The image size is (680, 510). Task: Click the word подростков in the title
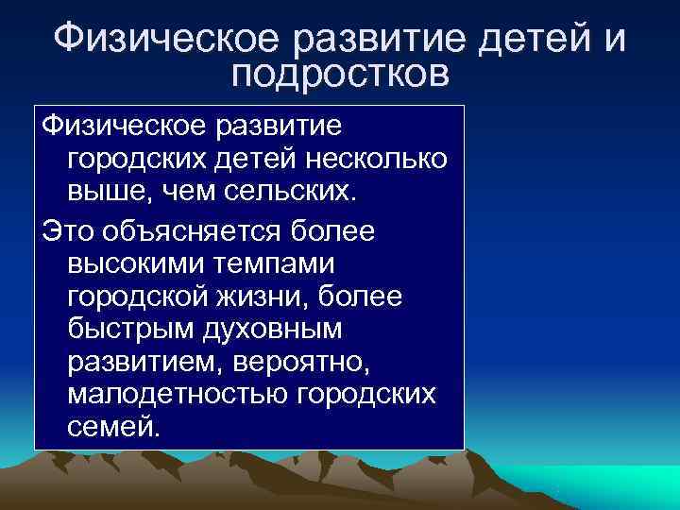(x=340, y=74)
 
